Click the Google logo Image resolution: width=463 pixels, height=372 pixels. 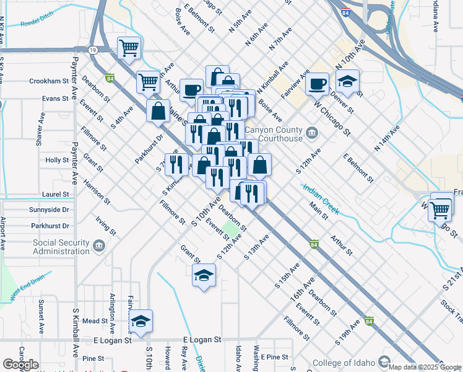point(20,364)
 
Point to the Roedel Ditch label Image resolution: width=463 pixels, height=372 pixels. point(38,24)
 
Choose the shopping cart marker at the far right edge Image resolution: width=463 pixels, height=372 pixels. point(440,210)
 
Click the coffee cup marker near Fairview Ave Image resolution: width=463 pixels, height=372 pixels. point(318,84)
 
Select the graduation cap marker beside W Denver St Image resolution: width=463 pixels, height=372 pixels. point(348,82)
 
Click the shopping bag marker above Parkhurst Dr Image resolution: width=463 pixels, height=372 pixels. point(158,111)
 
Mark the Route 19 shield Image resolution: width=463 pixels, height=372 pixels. point(93,50)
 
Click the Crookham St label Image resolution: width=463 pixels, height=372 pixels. point(48,81)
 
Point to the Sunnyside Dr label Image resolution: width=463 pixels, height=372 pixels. point(49,210)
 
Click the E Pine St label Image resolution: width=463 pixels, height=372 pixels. point(275,357)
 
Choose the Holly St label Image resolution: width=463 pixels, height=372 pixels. point(57,160)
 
